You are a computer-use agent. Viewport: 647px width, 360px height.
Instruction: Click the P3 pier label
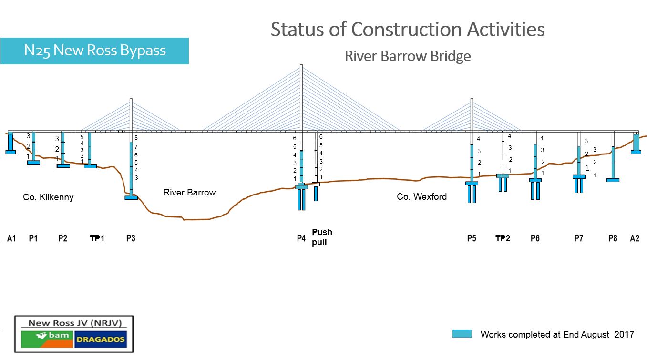pyautogui.click(x=131, y=238)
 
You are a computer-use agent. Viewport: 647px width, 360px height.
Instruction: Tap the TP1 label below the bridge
pyautogui.click(x=97, y=238)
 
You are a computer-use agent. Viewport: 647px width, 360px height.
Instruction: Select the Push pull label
pyautogui.click(x=322, y=237)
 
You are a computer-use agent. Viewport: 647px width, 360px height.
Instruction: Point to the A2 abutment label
pyautogui.click(x=635, y=238)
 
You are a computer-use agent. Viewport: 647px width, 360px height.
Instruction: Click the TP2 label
pyautogui.click(x=503, y=238)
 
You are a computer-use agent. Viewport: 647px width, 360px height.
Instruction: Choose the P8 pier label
pyautogui.click(x=613, y=238)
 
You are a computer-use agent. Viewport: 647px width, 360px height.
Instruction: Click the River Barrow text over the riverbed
pyautogui.click(x=189, y=193)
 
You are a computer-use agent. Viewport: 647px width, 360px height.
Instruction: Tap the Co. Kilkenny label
pyautogui.click(x=48, y=197)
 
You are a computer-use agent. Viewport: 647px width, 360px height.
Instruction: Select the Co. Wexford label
pyautogui.click(x=421, y=197)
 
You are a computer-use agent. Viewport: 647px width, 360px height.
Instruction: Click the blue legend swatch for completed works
pyautogui.click(x=462, y=333)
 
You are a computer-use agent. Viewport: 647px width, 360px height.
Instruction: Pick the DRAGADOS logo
pyautogui.click(x=101, y=339)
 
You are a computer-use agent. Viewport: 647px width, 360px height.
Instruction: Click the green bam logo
pyautogui.click(x=47, y=339)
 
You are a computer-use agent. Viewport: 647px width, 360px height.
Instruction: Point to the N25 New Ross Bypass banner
pyautogui.click(x=94, y=51)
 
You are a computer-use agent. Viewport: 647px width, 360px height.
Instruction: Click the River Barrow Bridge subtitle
pyautogui.click(x=408, y=56)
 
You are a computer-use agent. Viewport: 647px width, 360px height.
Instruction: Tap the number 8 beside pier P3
pyautogui.click(x=136, y=138)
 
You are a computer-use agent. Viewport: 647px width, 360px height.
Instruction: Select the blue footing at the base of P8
pyautogui.click(x=613, y=180)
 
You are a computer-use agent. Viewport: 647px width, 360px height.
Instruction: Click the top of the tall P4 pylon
pyautogui.click(x=301, y=65)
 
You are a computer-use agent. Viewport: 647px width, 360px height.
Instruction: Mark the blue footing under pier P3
pyautogui.click(x=131, y=198)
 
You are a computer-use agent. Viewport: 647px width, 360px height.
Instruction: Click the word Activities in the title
pyautogui.click(x=506, y=30)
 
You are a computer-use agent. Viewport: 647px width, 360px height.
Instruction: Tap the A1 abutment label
pyautogui.click(x=11, y=238)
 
